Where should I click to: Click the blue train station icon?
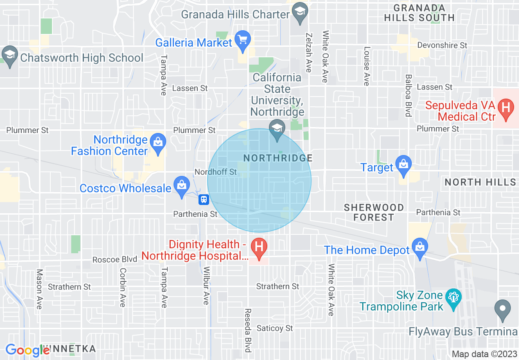pyautogui.click(x=204, y=200)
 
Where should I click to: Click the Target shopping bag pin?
pyautogui.click(x=404, y=166)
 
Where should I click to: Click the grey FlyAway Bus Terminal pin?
pyautogui.click(x=503, y=310)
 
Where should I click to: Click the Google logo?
pyautogui.click(x=27, y=350)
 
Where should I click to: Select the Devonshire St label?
pyautogui.click(x=442, y=45)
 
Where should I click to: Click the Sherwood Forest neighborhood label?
pyautogui.click(x=374, y=212)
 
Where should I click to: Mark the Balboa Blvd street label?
pyautogui.click(x=408, y=95)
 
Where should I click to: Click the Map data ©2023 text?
pyautogui.click(x=484, y=354)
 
